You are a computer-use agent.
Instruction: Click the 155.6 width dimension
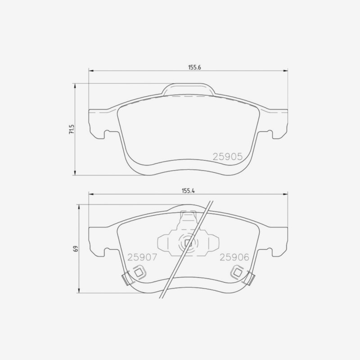click(195, 67)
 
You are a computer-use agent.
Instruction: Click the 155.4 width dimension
click(188, 191)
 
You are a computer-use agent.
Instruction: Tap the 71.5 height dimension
click(72, 129)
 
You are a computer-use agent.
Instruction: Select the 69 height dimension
click(76, 249)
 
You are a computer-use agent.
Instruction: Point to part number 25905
click(228, 157)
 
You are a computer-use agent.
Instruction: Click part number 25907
click(142, 257)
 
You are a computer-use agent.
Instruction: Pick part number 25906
click(234, 257)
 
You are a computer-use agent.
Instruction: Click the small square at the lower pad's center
click(188, 243)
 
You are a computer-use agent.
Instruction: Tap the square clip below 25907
click(139, 273)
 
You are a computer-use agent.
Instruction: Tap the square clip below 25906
click(237, 273)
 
